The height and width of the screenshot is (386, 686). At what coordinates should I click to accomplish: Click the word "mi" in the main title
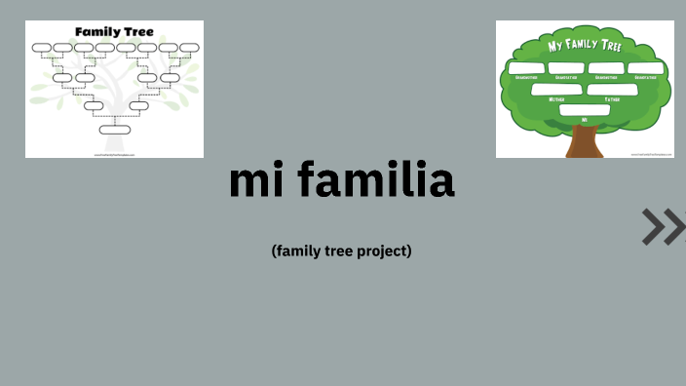pyautogui.click(x=254, y=180)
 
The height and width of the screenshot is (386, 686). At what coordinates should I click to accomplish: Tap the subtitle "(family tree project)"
pyautogui.click(x=342, y=251)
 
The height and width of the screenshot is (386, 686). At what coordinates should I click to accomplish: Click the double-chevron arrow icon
pyautogui.click(x=665, y=226)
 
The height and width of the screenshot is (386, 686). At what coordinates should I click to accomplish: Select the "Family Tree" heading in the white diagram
pyautogui.click(x=114, y=32)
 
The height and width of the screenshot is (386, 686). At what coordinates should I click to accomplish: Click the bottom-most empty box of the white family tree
pyautogui.click(x=114, y=129)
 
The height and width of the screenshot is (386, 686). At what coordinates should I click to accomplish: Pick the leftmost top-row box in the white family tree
pyautogui.click(x=41, y=48)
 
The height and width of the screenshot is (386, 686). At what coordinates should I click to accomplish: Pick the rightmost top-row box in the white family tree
pyautogui.click(x=189, y=48)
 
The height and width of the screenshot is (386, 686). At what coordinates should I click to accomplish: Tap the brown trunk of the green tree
pyautogui.click(x=584, y=141)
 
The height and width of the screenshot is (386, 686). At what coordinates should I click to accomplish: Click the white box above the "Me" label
pyautogui.click(x=585, y=109)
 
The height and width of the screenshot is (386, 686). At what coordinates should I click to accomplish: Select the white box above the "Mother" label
pyautogui.click(x=555, y=90)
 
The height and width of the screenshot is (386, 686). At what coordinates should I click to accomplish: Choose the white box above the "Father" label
pyautogui.click(x=611, y=90)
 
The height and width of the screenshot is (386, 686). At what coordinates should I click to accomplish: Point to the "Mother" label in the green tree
pyautogui.click(x=556, y=99)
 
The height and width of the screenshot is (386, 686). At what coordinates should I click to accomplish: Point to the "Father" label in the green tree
pyautogui.click(x=612, y=99)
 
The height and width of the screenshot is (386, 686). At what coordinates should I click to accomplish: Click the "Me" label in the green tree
pyautogui.click(x=585, y=119)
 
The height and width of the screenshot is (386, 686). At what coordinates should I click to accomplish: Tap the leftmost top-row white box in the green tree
pyautogui.click(x=525, y=68)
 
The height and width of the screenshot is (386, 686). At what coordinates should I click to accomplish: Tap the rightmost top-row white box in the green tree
pyautogui.click(x=645, y=68)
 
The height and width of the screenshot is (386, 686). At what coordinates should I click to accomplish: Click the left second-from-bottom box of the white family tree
pyautogui.click(x=94, y=105)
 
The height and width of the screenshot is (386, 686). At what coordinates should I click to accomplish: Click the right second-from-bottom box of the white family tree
pyautogui.click(x=138, y=105)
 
